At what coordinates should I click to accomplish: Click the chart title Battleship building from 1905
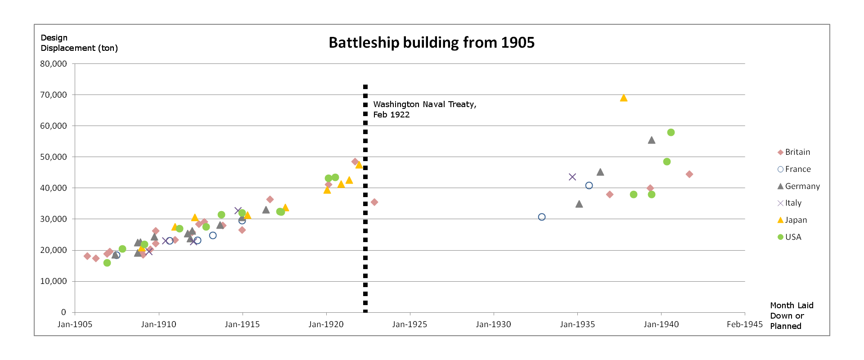tap(432, 43)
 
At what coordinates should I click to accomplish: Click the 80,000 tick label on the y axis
tap(54, 64)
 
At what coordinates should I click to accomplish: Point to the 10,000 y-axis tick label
tap(54, 281)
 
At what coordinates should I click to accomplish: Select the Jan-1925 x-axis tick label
tap(409, 324)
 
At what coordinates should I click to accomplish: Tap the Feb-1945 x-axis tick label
tap(745, 324)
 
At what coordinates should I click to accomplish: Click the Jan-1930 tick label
tap(493, 324)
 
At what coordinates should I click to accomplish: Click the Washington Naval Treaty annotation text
tap(424, 109)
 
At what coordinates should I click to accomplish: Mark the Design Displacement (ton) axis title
tap(79, 43)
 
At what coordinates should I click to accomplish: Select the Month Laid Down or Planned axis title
tap(792, 315)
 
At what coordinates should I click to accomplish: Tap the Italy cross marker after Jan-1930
tap(572, 177)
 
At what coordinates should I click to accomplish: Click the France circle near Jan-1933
tap(542, 217)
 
